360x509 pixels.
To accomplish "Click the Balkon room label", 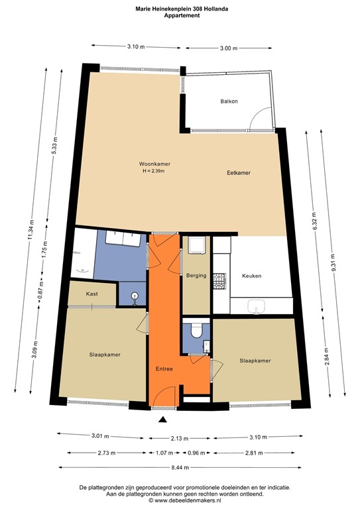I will (x=229, y=101).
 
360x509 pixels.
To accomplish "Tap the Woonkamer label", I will (x=153, y=164).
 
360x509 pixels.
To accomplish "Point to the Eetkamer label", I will (x=238, y=173).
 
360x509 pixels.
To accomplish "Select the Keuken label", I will (x=252, y=276).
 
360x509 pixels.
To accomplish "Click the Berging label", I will (x=197, y=276).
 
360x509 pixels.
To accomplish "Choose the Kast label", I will (x=93, y=294).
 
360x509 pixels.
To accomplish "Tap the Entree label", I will (x=165, y=368).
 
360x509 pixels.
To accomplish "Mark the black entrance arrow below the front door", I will (x=164, y=420).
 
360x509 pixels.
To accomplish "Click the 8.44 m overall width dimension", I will (x=180, y=468).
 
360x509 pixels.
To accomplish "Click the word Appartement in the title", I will (x=180, y=15).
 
